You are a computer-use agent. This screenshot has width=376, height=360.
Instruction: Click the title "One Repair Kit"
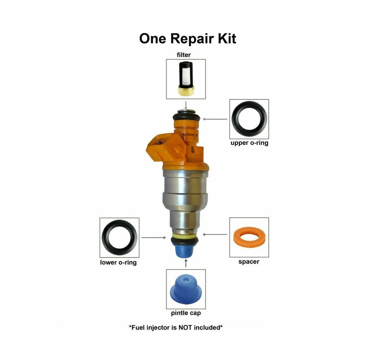(x=188, y=38)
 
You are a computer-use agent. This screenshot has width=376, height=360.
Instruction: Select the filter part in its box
(x=186, y=79)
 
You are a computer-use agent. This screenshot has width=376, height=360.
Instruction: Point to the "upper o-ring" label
(x=249, y=143)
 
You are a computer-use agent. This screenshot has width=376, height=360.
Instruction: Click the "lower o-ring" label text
(x=118, y=262)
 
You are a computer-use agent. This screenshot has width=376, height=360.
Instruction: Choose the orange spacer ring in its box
(x=249, y=237)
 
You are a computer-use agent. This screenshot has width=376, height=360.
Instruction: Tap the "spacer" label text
(x=249, y=261)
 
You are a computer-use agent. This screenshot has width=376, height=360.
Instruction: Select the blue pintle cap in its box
(x=186, y=288)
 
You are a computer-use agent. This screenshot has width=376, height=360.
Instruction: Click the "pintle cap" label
(x=186, y=313)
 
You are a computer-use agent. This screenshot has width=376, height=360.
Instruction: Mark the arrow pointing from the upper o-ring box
(x=215, y=119)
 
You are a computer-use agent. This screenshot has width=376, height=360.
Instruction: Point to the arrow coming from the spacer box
(x=215, y=235)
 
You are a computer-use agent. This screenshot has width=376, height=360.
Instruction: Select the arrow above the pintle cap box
(x=186, y=262)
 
